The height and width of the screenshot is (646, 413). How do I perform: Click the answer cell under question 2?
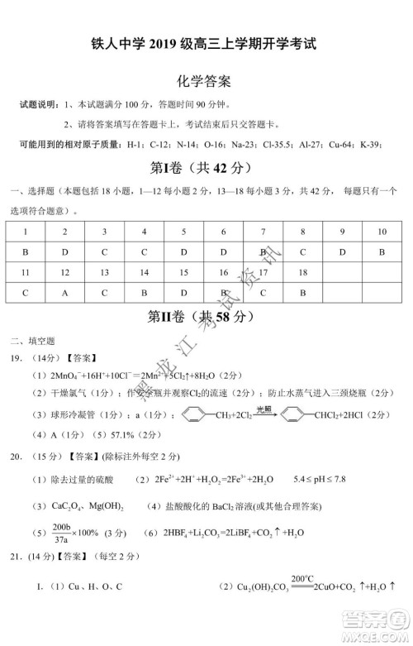click(x=64, y=251)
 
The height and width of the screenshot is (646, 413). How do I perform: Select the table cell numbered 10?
click(x=382, y=232)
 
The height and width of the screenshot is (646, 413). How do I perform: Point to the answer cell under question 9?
click(x=342, y=251)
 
